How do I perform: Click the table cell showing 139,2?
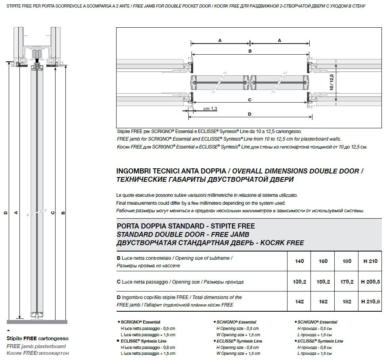[x=300, y=282]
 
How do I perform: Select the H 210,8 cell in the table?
[x=371, y=301]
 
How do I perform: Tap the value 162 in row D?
[x=323, y=301]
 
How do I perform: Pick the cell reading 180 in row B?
[x=347, y=261]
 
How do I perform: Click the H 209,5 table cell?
[x=371, y=282]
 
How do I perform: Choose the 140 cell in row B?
[x=300, y=261]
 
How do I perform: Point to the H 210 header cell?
[x=371, y=261]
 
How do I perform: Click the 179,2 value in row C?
[x=347, y=282]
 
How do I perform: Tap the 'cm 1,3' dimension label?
[x=210, y=109]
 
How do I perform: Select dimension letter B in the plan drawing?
[x=250, y=51]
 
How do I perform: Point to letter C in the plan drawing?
[x=250, y=100]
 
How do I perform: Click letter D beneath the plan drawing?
[x=250, y=114]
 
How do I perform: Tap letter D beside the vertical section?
[x=6, y=213]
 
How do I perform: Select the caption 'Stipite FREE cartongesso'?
[x=37, y=339]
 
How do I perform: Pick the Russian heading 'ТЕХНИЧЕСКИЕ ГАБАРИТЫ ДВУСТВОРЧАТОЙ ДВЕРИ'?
[x=205, y=179]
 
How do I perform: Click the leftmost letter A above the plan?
[x=220, y=40]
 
